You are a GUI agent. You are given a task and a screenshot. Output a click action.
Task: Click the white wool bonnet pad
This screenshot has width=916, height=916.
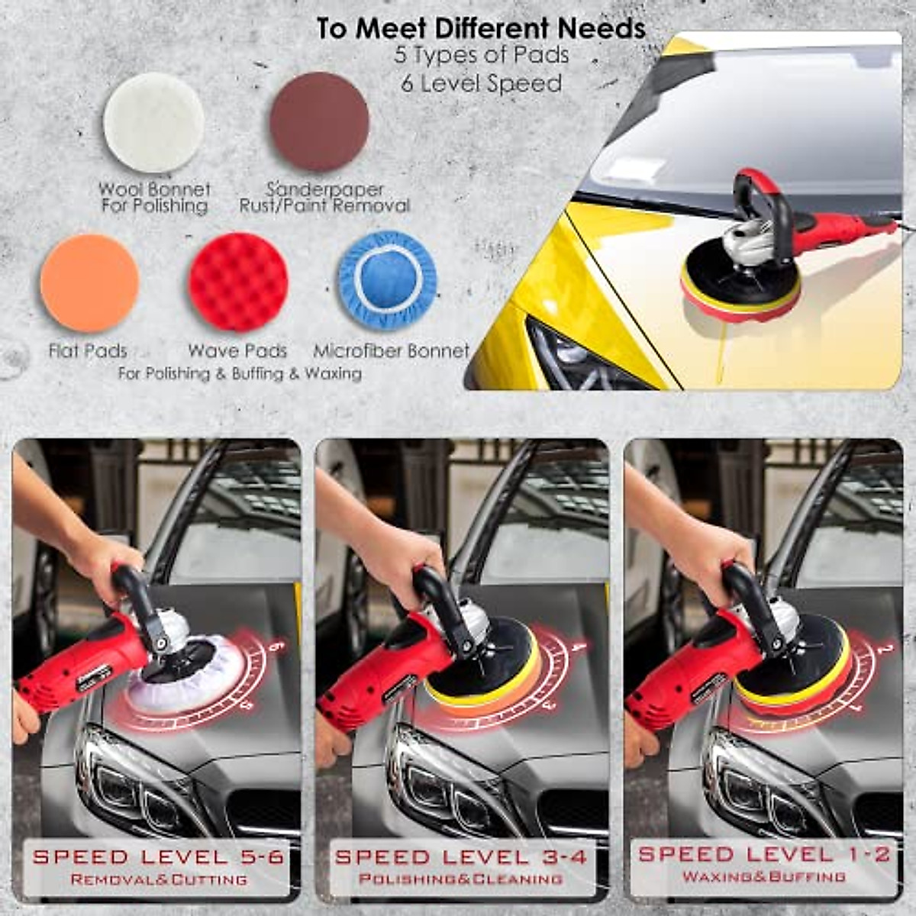coord(153,122)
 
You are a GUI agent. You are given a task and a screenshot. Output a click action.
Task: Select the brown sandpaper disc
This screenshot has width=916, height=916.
coord(319,122)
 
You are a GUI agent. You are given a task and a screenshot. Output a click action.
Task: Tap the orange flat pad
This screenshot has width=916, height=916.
coord(89,283)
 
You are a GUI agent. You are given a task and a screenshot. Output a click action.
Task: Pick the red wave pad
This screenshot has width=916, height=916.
coord(238,282)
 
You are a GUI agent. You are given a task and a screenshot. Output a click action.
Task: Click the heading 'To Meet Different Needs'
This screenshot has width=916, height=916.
coord(481,29)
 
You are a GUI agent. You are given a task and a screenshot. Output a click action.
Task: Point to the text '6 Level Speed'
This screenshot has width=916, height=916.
coord(482,83)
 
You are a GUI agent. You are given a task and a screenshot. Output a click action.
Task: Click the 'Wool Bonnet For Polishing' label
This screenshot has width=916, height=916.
coord(154,198)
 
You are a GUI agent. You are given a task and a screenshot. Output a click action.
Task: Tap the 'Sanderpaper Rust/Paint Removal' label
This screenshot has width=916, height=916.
coord(324,198)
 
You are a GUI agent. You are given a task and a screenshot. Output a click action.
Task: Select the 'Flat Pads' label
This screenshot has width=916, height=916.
coord(88,351)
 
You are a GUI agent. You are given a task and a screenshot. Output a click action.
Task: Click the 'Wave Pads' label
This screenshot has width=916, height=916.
coord(237,351)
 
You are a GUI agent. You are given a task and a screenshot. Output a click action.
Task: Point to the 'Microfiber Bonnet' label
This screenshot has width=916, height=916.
coord(391,351)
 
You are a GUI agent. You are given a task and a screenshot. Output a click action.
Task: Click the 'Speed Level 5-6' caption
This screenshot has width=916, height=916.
coord(159,856)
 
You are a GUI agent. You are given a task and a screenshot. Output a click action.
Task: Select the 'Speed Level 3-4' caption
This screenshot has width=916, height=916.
coord(461,856)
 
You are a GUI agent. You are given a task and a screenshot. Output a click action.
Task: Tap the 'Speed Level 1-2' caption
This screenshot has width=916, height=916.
coord(764,854)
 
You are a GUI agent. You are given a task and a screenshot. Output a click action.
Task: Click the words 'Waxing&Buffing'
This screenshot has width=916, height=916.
coord(764,877)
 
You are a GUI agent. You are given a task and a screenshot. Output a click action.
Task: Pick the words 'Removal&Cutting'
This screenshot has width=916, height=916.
coord(159,879)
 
